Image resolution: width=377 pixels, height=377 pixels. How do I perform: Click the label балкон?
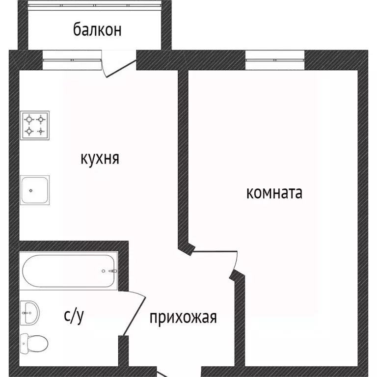tap(97, 30)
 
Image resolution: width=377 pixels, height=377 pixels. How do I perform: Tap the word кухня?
tap(100, 159)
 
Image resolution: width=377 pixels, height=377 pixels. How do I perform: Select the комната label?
tap(274, 193)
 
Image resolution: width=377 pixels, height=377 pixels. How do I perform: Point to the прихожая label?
tap(183, 318)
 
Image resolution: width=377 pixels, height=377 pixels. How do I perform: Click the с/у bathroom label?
tap(74, 317)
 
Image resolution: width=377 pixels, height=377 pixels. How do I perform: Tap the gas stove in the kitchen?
tap(35, 125)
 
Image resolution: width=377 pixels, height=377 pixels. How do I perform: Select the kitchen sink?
tap(35, 190)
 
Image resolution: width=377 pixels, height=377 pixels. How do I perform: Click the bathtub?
tap(68, 270)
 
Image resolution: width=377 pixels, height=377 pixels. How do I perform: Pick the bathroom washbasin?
tap(30, 313)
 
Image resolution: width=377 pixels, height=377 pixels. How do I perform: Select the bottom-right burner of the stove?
tap(41, 131)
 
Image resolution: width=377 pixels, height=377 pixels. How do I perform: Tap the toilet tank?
tap(23, 342)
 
